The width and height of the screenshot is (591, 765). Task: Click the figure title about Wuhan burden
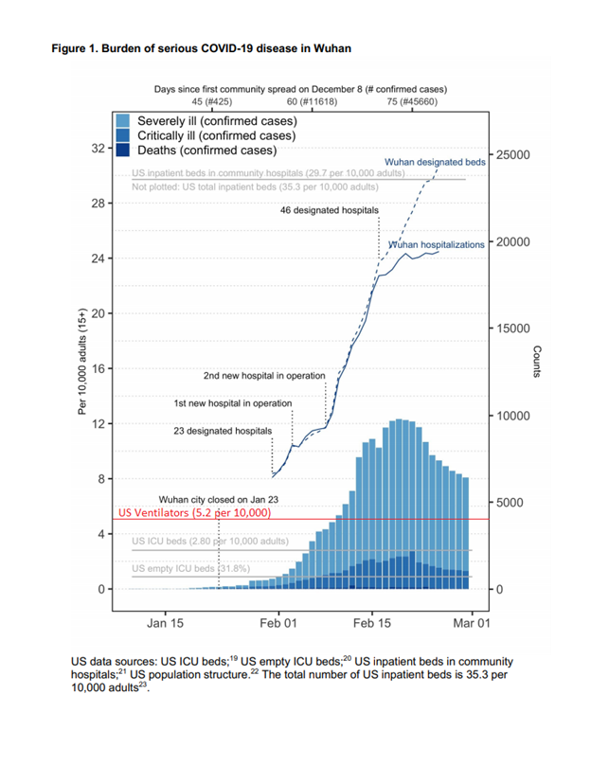point(201,49)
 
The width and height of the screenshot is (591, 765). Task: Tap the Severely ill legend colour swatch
point(123,121)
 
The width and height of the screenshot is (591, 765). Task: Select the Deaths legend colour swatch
point(123,150)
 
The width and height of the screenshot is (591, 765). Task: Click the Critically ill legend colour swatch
point(123,135)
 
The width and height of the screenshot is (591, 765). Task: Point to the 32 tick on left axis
point(98,149)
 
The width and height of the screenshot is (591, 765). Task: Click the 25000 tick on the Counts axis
point(513,155)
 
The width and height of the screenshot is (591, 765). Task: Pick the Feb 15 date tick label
point(372,624)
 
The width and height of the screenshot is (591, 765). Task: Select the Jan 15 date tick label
point(165,624)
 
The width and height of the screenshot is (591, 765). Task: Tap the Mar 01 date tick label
point(472,624)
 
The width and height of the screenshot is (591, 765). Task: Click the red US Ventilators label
point(195,513)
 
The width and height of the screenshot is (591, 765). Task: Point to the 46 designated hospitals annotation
point(330,210)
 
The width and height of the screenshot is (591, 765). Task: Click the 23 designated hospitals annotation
point(223,432)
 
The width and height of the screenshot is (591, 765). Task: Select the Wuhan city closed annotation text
point(219,500)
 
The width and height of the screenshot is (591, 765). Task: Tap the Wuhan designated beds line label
point(435,162)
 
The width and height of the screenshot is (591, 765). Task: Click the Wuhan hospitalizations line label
point(437,245)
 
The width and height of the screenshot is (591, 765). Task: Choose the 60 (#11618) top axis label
point(312,102)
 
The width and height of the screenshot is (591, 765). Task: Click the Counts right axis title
point(537,362)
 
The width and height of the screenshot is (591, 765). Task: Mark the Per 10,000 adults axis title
point(82,362)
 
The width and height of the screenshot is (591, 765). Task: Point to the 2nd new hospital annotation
point(264,376)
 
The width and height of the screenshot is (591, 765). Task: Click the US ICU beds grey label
point(210,541)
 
